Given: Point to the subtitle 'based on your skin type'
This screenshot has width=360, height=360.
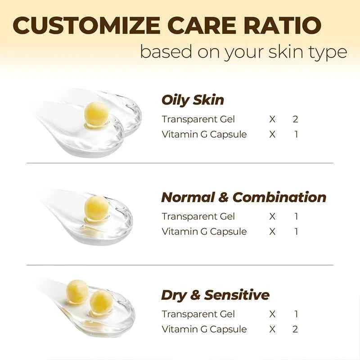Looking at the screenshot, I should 243,52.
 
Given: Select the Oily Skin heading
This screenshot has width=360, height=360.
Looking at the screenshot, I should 193,100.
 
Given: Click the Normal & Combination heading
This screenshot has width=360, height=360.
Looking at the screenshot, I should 243,197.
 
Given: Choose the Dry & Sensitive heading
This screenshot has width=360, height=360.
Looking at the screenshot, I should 215,295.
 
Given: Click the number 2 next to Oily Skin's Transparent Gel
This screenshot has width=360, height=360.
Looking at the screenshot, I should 295,119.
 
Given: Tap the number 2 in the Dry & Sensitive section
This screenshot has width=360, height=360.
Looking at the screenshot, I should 295,329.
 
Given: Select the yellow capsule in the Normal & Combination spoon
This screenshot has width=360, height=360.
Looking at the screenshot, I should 96,208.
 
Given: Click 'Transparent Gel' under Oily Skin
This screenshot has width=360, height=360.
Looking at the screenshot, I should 198,119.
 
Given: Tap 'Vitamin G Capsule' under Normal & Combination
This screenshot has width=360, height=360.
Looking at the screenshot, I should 204,231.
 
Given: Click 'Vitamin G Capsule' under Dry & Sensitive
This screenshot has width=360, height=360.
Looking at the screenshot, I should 204,329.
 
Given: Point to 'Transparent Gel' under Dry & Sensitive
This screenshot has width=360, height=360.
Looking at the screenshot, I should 198,314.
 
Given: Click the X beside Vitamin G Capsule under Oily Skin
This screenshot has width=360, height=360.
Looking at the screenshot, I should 272,134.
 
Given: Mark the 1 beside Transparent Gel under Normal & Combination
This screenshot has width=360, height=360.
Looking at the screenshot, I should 296,216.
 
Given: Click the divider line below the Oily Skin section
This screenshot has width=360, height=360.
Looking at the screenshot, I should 180,163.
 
